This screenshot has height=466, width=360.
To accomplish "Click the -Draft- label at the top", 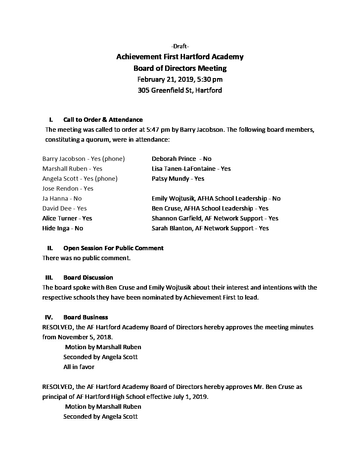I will [180, 46].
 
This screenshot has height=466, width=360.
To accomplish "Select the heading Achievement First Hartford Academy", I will [180, 57].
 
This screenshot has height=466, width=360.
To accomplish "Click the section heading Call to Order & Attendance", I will [103, 120].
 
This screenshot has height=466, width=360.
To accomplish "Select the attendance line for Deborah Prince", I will [181, 159].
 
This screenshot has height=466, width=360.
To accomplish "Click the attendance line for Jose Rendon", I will [68, 189].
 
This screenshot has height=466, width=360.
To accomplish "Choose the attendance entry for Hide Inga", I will [63, 228].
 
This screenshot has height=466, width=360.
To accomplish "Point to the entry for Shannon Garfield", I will [215, 218].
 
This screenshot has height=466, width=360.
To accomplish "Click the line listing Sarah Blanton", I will [210, 228].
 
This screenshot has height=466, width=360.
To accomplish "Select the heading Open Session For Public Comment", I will [113, 248].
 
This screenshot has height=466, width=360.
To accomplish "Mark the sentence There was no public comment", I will [86, 258].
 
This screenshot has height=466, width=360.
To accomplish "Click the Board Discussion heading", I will [88, 278].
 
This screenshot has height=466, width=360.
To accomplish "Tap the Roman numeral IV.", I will [49, 317].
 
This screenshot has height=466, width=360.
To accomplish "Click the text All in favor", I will [79, 367].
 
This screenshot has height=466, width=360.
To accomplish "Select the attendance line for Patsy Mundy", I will [178, 179].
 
